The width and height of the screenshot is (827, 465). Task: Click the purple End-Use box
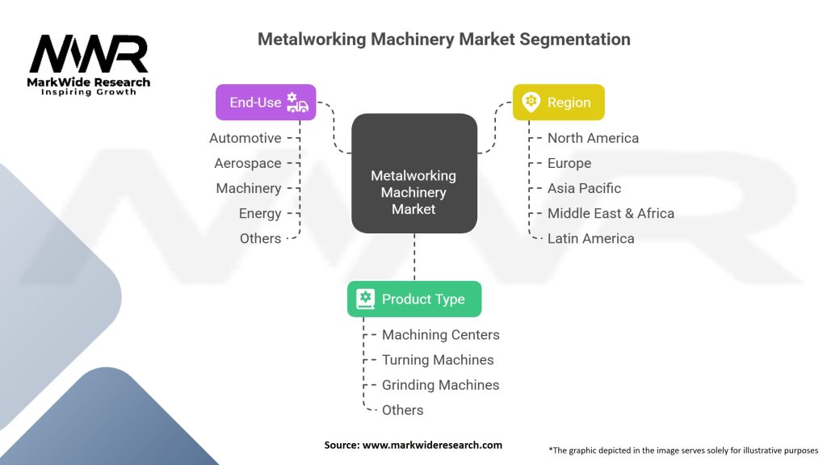tap(266, 103)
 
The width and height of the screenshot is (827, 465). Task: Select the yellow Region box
tap(559, 103)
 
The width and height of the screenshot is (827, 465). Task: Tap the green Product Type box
tap(414, 299)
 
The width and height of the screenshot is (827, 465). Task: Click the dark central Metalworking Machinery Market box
tap(414, 174)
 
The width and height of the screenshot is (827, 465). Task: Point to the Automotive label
tap(246, 138)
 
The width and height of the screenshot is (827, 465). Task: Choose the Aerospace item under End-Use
tap(248, 163)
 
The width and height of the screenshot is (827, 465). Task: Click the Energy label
tap(260, 213)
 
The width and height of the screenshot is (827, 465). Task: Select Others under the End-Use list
tap(261, 238)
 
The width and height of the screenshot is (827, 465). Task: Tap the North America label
tap(593, 138)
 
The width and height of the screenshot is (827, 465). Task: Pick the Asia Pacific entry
tap(584, 188)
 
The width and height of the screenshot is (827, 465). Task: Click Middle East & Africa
tap(611, 213)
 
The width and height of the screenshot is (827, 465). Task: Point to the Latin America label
tap(590, 238)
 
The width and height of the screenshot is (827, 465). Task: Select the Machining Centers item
tap(440, 335)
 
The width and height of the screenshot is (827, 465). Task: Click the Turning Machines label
tap(438, 360)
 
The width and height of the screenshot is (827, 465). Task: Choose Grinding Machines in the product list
tap(440, 385)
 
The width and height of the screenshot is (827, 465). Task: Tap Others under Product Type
tap(402, 410)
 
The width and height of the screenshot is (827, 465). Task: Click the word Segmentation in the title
tap(575, 40)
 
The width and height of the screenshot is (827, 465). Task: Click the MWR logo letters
tap(89, 54)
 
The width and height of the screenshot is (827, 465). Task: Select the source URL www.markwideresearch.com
tap(432, 445)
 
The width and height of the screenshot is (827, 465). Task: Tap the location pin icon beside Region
tap(531, 102)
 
